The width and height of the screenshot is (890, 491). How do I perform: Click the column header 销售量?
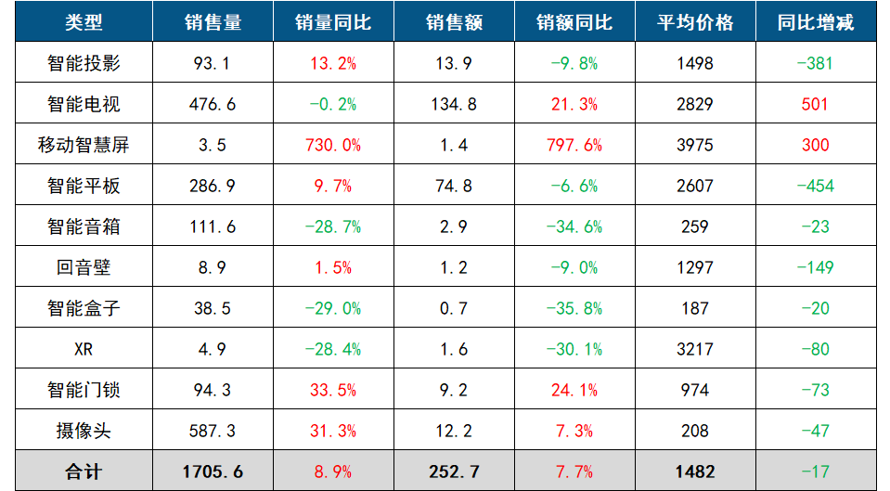pyautogui.click(x=213, y=22)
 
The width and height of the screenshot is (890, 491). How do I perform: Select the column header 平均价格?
pyautogui.click(x=695, y=22)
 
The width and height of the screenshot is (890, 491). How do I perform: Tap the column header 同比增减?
pyautogui.click(x=815, y=22)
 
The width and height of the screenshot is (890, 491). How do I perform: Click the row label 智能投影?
pyautogui.click(x=84, y=63)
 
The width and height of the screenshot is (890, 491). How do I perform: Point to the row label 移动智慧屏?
pyautogui.click(x=84, y=145)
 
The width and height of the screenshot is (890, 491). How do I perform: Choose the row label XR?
pyautogui.click(x=84, y=349)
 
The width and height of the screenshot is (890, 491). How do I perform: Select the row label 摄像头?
pyautogui.click(x=84, y=431)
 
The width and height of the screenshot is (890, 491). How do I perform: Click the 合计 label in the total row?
pyautogui.click(x=84, y=472)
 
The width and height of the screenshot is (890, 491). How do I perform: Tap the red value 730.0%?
pyautogui.click(x=333, y=145)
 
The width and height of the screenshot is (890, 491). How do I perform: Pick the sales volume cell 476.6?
pyautogui.click(x=213, y=104)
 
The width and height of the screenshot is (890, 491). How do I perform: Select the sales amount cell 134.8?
pyautogui.click(x=454, y=104)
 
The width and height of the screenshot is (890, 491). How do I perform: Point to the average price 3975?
pyautogui.click(x=695, y=145)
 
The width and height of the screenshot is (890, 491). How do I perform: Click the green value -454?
pyautogui.click(x=815, y=186)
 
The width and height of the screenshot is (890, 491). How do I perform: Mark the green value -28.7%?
pyautogui.click(x=333, y=226)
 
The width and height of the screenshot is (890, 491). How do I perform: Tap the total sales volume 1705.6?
pyautogui.click(x=213, y=472)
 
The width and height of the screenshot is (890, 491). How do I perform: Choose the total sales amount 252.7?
pyautogui.click(x=454, y=472)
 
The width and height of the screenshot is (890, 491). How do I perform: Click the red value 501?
pyautogui.click(x=815, y=104)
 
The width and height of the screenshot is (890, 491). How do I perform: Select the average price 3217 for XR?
pyautogui.click(x=695, y=349)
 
